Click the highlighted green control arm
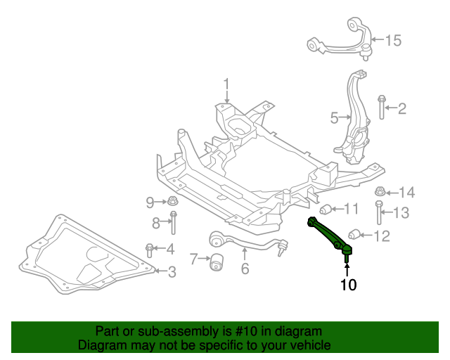[x=327, y=233]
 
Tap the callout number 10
[x=349, y=285]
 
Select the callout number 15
[x=393, y=41]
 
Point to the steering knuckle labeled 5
[x=354, y=120]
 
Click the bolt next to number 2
[x=382, y=107]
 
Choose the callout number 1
[x=226, y=84]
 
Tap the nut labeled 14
[x=380, y=191]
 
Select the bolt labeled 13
[x=379, y=212]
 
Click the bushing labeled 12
[x=354, y=235]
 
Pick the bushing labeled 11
[x=326, y=210]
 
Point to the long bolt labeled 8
[x=174, y=222]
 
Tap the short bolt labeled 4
[x=149, y=250]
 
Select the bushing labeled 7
[x=217, y=262]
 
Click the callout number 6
[x=245, y=269]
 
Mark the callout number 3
[x=172, y=272]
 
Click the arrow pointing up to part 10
[x=347, y=270]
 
